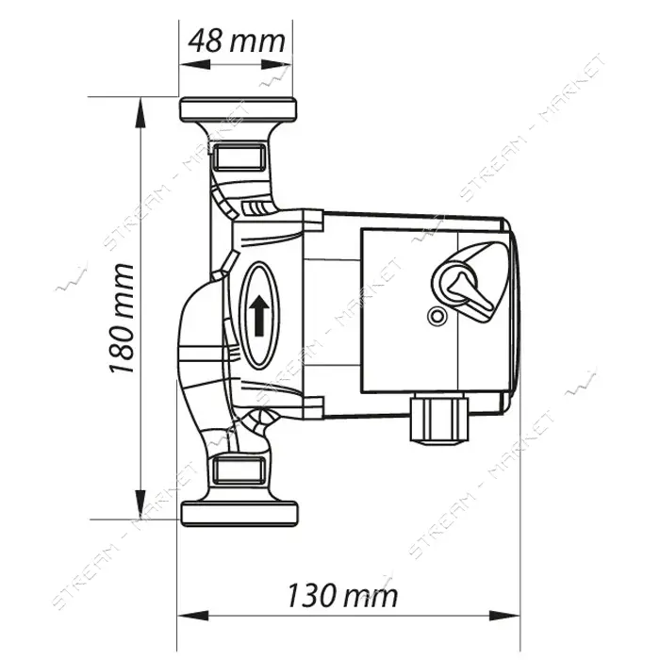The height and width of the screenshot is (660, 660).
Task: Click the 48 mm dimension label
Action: point(237,41)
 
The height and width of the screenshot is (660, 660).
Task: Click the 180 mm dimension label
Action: point(122,319)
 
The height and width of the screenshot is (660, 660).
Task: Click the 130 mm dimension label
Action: point(342,595)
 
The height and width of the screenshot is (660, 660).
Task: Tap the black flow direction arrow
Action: point(259,315)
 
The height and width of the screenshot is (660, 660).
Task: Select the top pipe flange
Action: point(238,109)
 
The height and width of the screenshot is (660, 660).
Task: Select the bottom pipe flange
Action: point(239,514)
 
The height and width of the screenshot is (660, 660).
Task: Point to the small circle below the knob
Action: point(437,316)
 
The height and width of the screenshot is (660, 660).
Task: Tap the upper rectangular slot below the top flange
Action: point(239,157)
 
